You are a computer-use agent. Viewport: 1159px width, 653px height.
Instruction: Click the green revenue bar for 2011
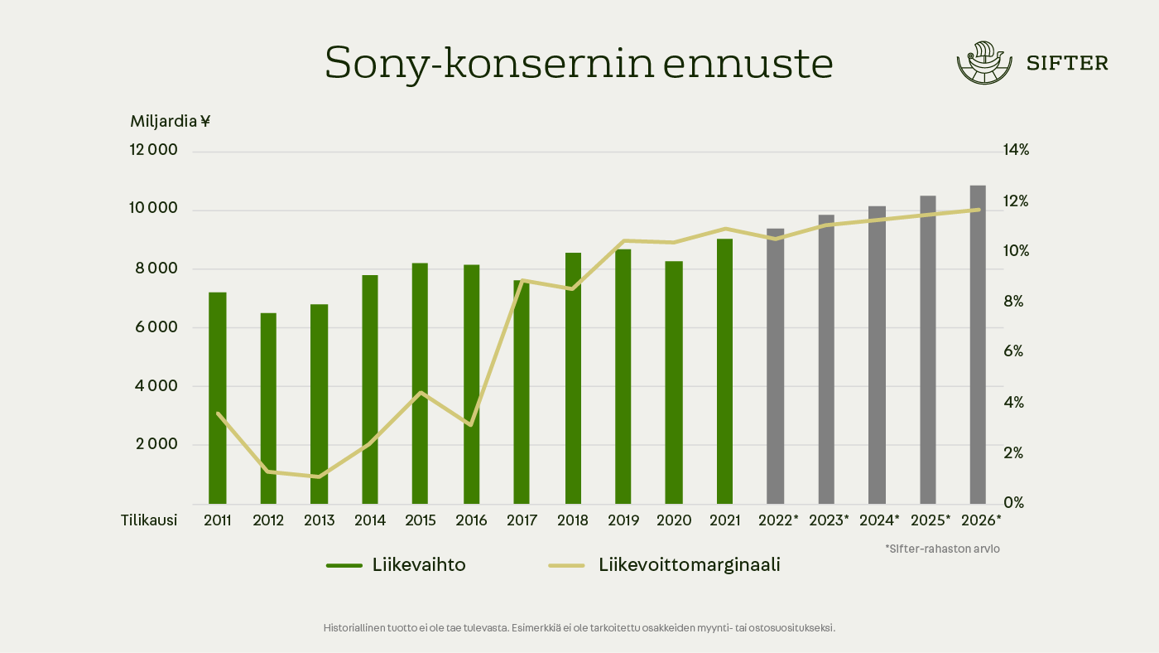217,398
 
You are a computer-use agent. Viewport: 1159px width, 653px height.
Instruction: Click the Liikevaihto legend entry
397,565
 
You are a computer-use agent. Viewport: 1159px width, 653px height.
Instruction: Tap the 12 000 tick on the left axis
154,150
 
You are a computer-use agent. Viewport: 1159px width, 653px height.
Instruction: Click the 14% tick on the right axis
1016,150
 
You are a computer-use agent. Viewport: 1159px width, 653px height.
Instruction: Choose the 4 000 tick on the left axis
156,385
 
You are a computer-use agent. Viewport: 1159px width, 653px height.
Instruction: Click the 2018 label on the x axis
573,520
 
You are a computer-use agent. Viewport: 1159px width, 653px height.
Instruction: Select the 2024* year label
879,520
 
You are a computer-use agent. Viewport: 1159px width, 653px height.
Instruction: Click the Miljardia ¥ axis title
171,121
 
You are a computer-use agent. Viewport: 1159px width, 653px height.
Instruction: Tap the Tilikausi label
149,520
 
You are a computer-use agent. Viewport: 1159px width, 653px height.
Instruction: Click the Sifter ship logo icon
984,63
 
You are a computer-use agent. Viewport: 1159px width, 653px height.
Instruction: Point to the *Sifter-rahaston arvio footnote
942,549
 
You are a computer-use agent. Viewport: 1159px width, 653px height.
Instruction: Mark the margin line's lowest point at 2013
319,476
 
